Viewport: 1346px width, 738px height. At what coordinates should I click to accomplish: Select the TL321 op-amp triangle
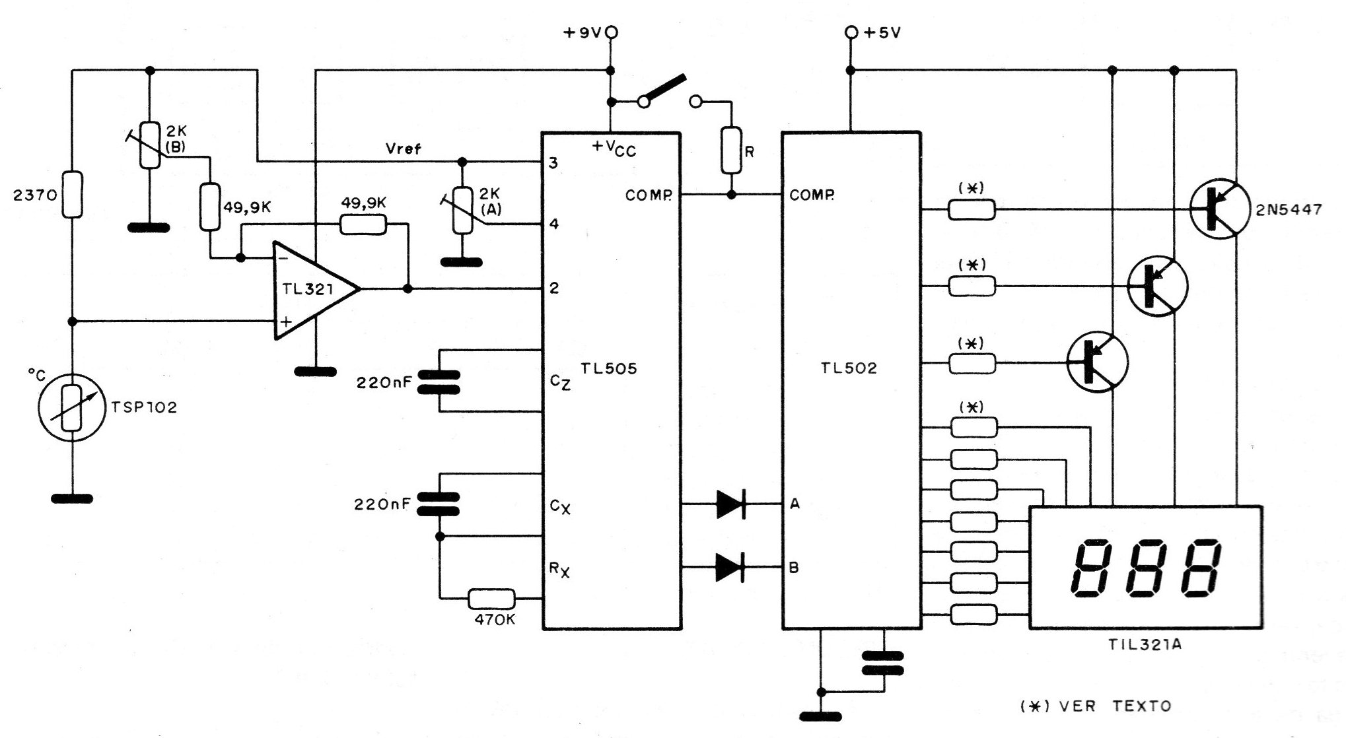point(316,289)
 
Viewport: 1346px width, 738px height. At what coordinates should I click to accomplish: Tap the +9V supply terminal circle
point(612,32)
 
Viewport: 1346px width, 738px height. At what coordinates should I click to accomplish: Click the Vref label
point(403,149)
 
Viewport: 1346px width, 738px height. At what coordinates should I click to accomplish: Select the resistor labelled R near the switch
point(731,150)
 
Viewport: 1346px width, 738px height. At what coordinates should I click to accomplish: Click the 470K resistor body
point(491,599)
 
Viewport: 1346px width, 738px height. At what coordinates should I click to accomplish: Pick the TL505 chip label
point(609,368)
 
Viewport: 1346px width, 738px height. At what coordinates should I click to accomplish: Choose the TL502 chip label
point(849,368)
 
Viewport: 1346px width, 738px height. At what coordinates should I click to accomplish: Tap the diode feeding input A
point(731,504)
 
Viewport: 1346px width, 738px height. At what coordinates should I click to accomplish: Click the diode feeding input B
point(731,566)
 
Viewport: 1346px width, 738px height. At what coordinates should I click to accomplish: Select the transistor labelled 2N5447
point(1220,209)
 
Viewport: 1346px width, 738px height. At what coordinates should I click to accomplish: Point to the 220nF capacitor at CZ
point(440,382)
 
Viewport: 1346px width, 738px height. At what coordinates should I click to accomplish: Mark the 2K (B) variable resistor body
point(151,145)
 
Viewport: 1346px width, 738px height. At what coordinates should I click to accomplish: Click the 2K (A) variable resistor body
point(462,210)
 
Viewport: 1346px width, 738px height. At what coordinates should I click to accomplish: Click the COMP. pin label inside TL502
point(812,195)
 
